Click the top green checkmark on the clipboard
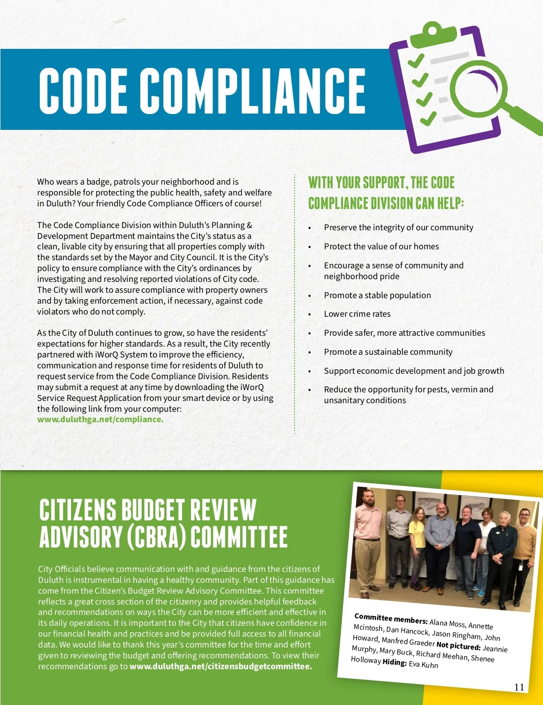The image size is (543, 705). click(415, 60)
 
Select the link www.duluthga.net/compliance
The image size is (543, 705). click(100, 419)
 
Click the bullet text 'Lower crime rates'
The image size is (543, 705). click(357, 314)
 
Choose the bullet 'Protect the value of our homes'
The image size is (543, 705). click(381, 247)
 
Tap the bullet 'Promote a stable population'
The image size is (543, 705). click(377, 295)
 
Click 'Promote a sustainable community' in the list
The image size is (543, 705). click(388, 352)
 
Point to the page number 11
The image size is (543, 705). click(519, 687)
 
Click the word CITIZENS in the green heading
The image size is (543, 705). click(77, 510)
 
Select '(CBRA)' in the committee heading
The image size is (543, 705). click(156, 537)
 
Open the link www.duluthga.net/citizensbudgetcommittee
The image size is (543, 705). click(220, 667)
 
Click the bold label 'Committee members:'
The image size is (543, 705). click(391, 619)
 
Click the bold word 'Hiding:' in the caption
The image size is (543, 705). click(394, 662)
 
